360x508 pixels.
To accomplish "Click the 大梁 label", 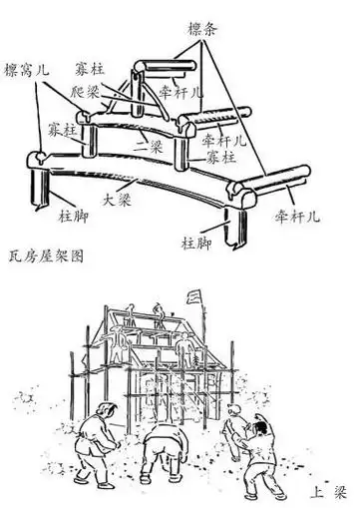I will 117,199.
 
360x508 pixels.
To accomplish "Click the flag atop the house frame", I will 194,296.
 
